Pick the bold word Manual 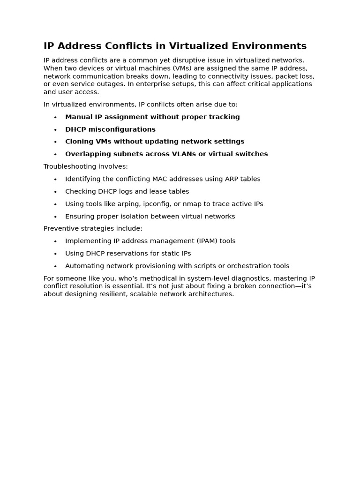point(78,117)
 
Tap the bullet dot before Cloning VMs point(55,142)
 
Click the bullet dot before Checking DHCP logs point(55,192)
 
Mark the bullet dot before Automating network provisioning point(55,266)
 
